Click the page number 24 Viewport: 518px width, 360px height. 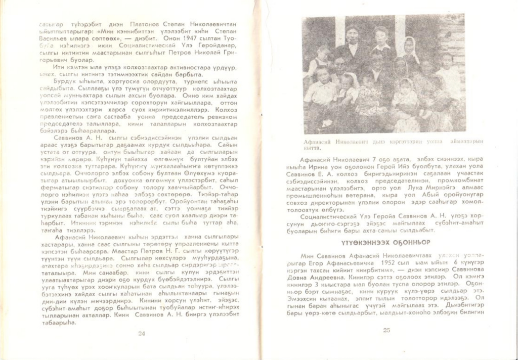tap(141, 333)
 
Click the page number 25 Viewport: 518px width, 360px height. tap(386, 331)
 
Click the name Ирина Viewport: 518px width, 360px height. tap(320, 167)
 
